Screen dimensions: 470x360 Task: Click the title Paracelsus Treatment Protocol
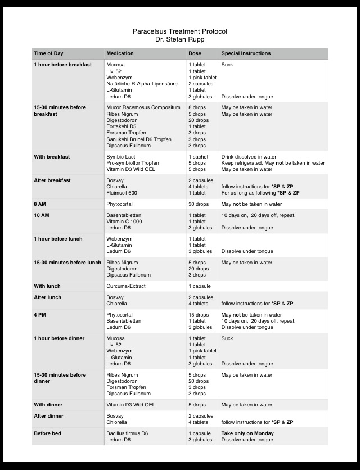180,31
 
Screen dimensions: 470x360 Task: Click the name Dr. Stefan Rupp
180,39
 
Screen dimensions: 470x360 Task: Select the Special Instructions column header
246,53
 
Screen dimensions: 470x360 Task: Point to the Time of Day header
48,53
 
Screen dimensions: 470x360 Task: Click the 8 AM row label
40,204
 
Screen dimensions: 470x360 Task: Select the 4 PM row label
40,315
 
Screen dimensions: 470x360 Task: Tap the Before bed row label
47,433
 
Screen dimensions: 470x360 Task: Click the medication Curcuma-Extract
126,286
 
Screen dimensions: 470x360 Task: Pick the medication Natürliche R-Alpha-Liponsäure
142,84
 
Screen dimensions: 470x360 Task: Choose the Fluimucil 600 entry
123,193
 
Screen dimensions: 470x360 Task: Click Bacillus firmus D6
127,433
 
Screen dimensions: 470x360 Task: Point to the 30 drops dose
198,204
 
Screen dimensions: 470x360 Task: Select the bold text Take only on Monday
247,433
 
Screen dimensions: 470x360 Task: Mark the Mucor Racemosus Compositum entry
143,107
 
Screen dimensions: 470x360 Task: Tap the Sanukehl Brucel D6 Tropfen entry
139,139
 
